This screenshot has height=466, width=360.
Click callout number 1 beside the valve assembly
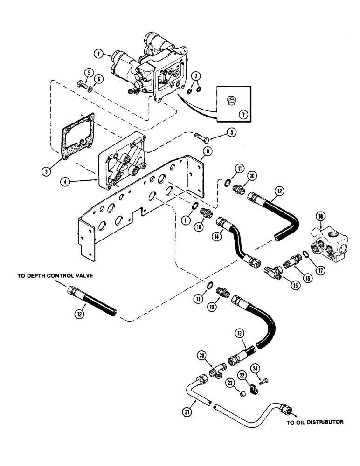pyautogui.click(x=98, y=54)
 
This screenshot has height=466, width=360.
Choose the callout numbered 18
pyautogui.click(x=320, y=217)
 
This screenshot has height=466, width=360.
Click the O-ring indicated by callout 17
pyautogui.click(x=304, y=254)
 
